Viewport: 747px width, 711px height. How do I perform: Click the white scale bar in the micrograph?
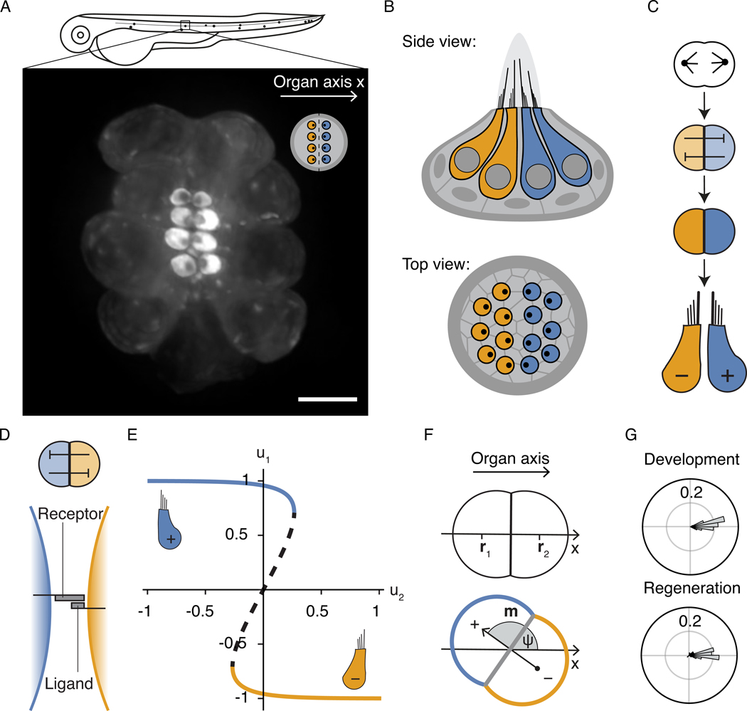[327, 399]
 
